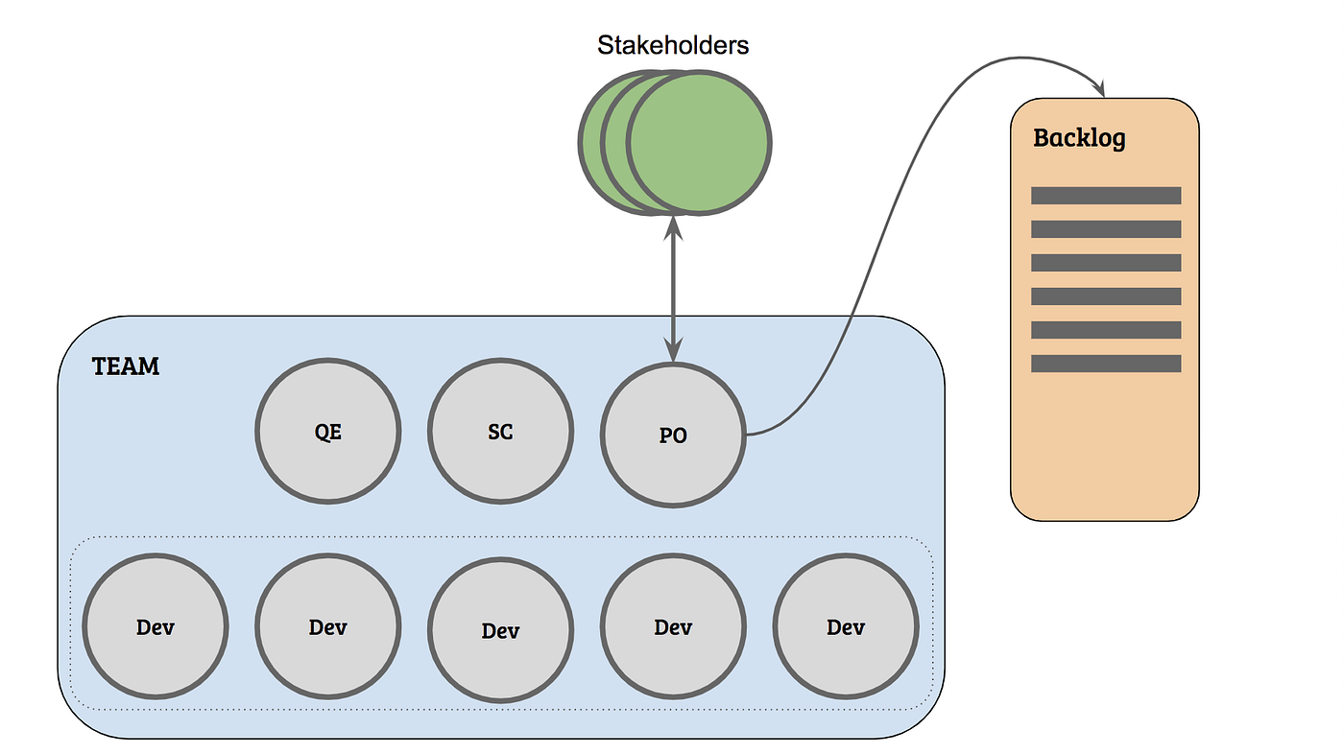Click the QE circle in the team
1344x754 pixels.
pyautogui.click(x=327, y=433)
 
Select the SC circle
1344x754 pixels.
pyautogui.click(x=500, y=433)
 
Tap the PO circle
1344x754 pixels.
pyautogui.click(x=673, y=435)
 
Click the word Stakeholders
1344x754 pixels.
pyautogui.click(x=673, y=44)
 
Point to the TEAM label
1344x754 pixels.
pyautogui.click(x=126, y=366)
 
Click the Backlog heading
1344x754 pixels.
pyautogui.click(x=1079, y=138)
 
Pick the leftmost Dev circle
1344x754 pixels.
pyautogui.click(x=156, y=627)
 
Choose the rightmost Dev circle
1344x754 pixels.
pyautogui.click(x=846, y=627)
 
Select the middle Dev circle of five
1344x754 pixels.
pyautogui.click(x=500, y=629)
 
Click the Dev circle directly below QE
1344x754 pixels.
pyautogui.click(x=327, y=627)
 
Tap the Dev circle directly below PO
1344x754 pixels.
pyautogui.click(x=673, y=627)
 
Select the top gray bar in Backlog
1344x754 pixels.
pyautogui.click(x=1106, y=196)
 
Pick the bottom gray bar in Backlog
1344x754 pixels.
pyautogui.click(x=1106, y=364)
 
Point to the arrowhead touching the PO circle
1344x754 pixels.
pyautogui.click(x=673, y=353)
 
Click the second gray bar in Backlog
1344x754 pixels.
pyautogui.click(x=1106, y=229)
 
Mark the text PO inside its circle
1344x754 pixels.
pyautogui.click(x=673, y=436)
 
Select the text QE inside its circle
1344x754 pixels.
pyautogui.click(x=327, y=432)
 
